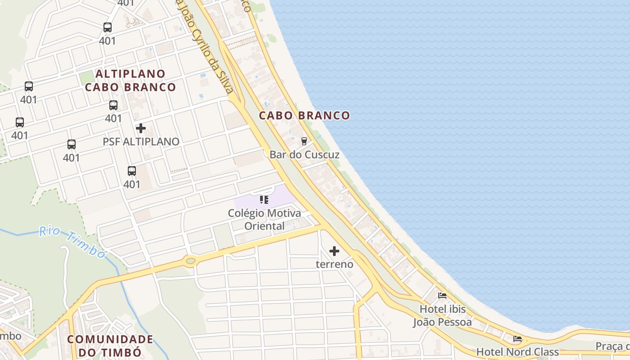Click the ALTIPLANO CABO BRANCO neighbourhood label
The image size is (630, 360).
click(x=130, y=80)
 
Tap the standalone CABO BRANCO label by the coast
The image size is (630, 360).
click(x=304, y=116)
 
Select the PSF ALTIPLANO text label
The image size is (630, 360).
click(x=141, y=141)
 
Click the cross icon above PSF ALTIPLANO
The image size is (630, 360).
click(x=141, y=128)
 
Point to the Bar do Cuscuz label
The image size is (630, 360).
click(x=304, y=154)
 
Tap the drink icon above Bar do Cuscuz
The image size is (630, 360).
click(x=304, y=141)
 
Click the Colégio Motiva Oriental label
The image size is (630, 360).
click(x=264, y=219)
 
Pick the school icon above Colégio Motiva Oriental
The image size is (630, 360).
click(x=264, y=199)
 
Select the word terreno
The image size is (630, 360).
click(x=334, y=264)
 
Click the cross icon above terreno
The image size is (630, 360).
click(x=334, y=251)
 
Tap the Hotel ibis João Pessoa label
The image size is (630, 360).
click(x=442, y=315)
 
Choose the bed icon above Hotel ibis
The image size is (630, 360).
click(x=442, y=296)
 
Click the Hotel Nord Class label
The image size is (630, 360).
click(x=517, y=351)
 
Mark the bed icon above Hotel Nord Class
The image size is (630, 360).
click(x=517, y=339)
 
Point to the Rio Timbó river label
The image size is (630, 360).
click(x=72, y=242)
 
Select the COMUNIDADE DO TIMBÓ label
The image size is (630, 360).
click(x=110, y=345)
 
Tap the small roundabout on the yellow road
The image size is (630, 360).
click(x=190, y=260)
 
